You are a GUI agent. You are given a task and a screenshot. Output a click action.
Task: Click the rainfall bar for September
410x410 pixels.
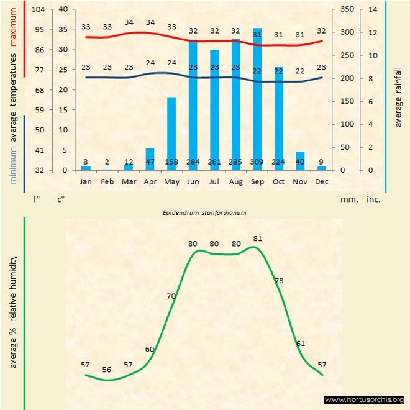(257, 99)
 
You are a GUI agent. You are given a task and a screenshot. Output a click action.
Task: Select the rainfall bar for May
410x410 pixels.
(171, 134)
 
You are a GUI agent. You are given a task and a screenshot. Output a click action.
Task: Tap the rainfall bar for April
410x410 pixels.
(150, 159)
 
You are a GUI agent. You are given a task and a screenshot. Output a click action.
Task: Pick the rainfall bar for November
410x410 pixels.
(300, 161)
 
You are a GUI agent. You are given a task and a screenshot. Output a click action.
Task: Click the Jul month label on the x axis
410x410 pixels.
(214, 182)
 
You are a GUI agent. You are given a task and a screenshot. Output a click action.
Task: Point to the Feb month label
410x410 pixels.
(107, 182)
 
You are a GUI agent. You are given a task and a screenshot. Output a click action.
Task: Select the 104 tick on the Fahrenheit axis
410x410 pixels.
(38, 10)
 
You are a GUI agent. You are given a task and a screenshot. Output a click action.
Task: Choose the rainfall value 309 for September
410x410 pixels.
(257, 162)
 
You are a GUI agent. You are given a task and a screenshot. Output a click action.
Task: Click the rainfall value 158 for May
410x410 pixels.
(171, 162)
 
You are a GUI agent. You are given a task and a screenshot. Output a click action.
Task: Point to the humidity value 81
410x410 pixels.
(258, 239)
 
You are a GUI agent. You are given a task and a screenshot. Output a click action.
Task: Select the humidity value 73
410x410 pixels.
(279, 281)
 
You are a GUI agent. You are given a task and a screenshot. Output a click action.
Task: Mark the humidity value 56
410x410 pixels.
(107, 370)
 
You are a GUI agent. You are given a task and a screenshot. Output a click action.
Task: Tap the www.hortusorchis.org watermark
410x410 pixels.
(364, 399)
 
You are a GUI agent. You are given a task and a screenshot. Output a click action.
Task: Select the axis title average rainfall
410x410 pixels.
(398, 94)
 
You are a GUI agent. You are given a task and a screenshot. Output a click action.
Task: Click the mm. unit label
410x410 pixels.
(348, 200)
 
